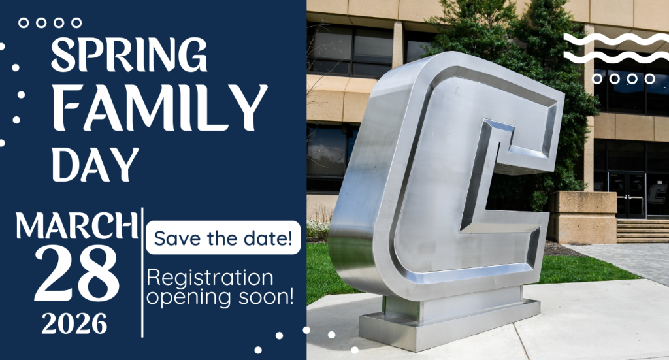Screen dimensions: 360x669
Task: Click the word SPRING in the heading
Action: pyautogui.click(x=129, y=55)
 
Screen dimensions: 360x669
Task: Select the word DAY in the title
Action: pyautogui.click(x=95, y=163)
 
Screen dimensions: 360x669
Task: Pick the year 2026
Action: pyautogui.click(x=73, y=323)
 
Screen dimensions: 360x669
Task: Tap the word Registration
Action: pyautogui.click(x=210, y=278)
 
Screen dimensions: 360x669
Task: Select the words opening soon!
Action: pyautogui.click(x=220, y=297)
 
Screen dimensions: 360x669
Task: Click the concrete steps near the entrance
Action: pyautogui.click(x=642, y=230)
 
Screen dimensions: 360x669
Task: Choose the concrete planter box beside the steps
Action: pyautogui.click(x=583, y=216)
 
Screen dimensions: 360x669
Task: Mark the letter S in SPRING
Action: pyautogui.click(x=63, y=56)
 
